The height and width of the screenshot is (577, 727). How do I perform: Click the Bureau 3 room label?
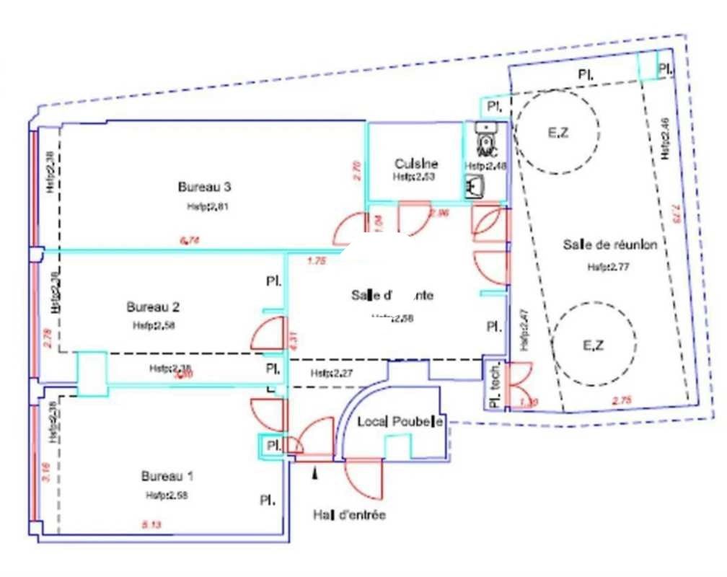coord(204,187)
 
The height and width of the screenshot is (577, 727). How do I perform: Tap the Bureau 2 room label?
coord(152,306)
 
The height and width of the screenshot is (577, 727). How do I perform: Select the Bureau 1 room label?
coord(167,477)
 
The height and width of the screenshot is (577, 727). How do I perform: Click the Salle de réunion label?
coord(609,245)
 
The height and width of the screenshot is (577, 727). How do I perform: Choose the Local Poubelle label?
coord(400,421)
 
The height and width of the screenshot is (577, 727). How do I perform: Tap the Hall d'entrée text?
coord(349,515)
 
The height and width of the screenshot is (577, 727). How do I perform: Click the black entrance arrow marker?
coord(314,472)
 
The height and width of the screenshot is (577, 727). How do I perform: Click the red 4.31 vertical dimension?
coord(293,340)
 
